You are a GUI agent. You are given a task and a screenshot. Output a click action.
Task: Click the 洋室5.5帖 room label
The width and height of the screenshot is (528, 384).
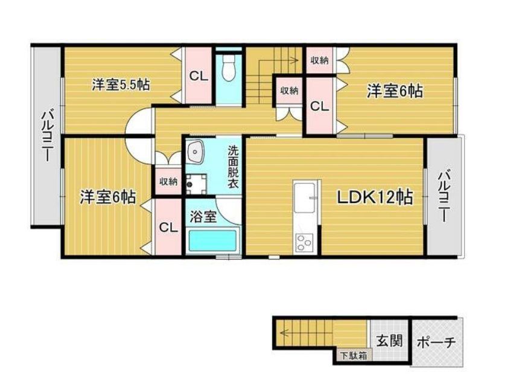[121, 85]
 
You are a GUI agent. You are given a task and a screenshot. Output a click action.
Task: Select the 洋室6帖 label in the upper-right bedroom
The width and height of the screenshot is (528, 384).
[395, 91]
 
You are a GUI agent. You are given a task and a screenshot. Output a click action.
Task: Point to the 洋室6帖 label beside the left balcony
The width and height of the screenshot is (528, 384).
[108, 197]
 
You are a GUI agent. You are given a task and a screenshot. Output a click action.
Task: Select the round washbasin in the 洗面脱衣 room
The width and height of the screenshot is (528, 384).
[196, 155]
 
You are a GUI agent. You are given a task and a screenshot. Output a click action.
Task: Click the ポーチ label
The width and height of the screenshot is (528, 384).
[436, 342]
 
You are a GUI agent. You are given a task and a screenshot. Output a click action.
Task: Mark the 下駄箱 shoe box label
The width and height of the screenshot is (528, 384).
[352, 356]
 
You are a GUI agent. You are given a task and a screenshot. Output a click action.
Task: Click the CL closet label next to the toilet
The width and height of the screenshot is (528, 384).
[197, 77]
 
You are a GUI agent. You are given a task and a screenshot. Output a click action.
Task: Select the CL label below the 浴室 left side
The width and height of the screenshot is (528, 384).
[168, 228]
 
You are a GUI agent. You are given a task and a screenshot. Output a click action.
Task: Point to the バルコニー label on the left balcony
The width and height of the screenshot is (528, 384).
[46, 136]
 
